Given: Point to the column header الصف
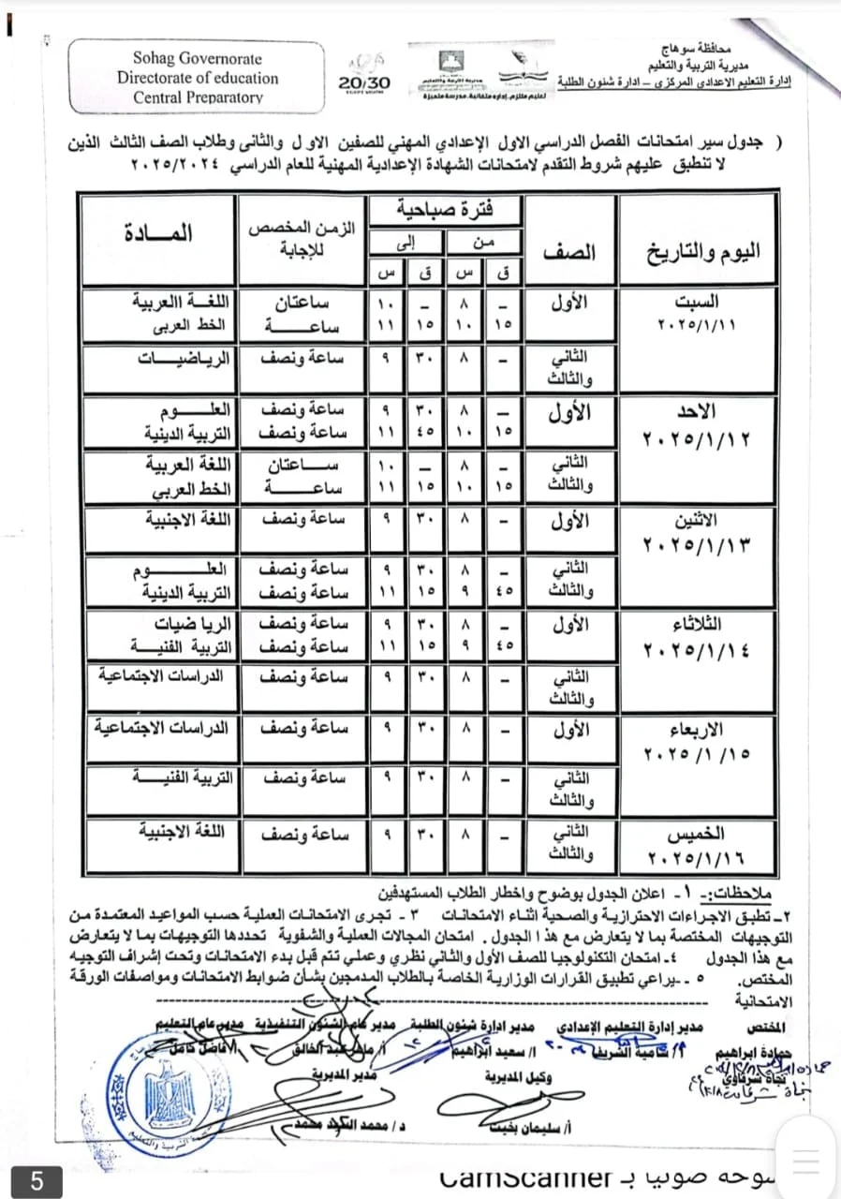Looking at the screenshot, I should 570,252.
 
